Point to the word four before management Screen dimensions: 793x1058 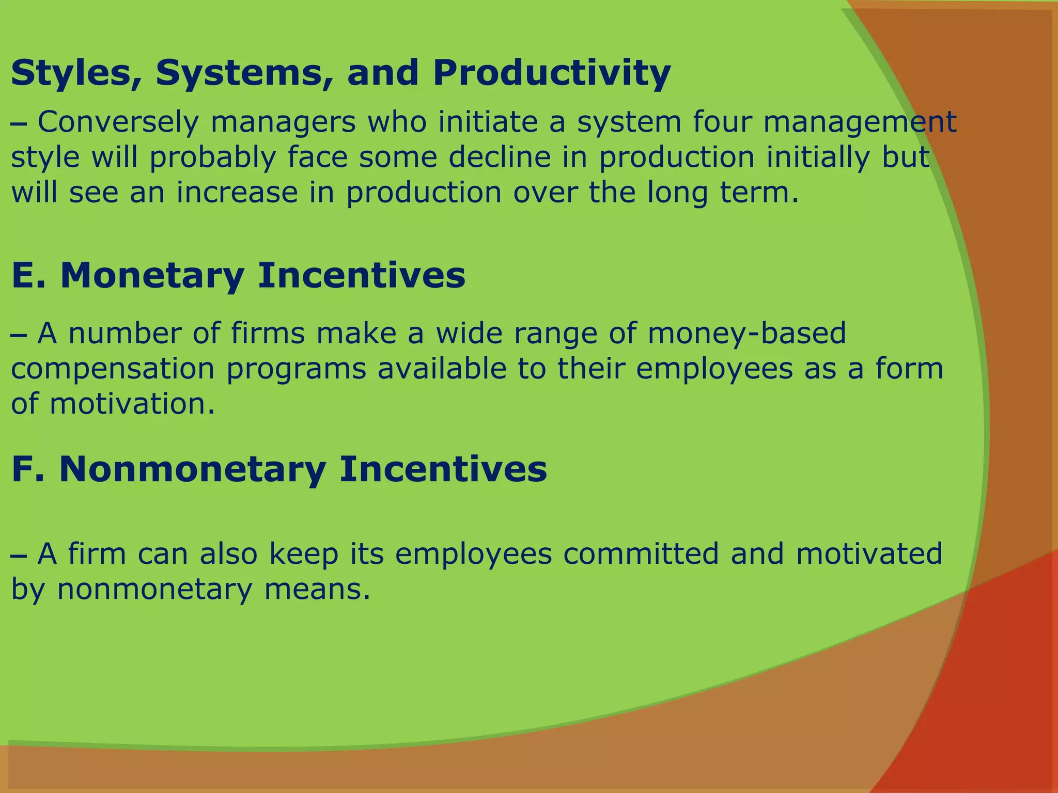click(722, 122)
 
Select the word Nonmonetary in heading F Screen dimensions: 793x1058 click(193, 469)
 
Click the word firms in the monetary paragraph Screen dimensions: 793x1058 click(268, 333)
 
